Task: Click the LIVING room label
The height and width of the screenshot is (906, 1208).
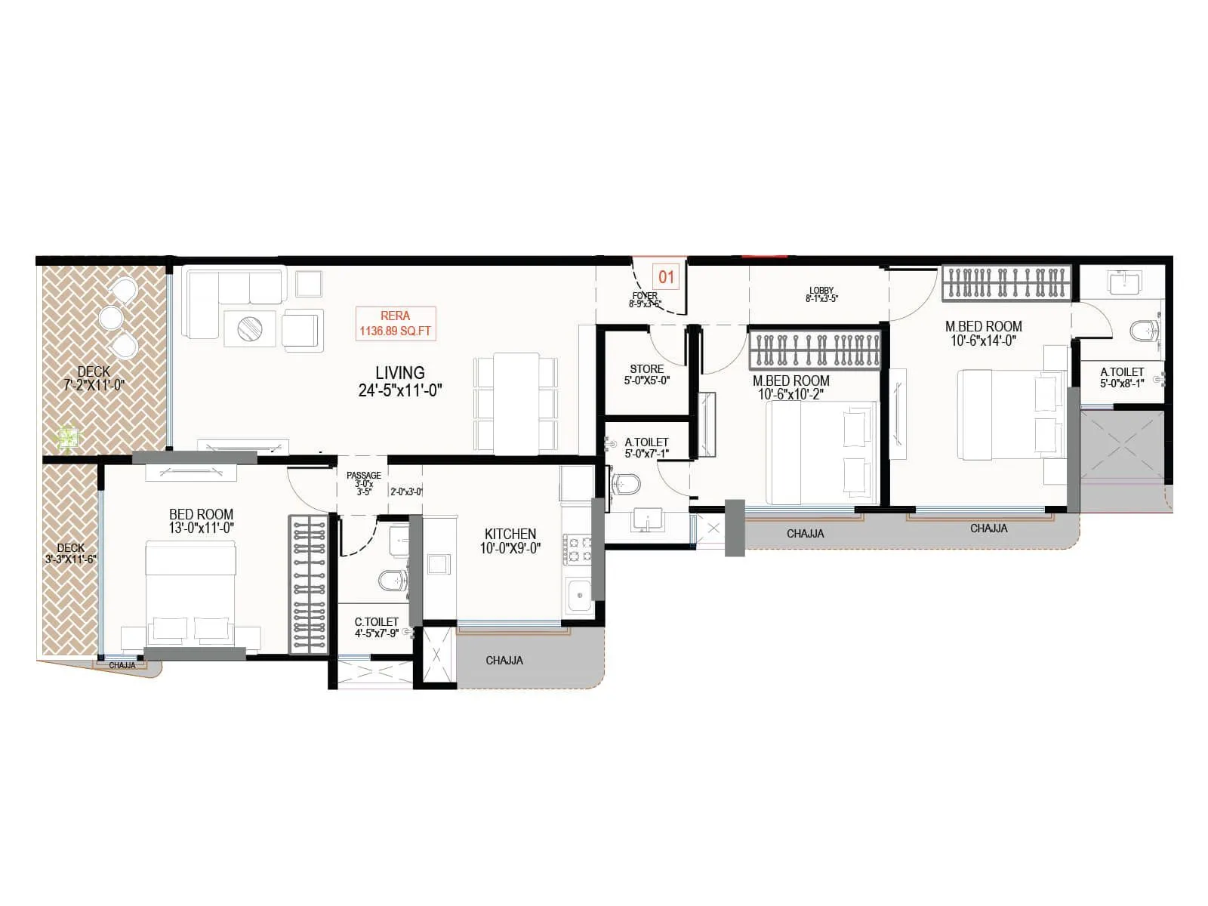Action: pos(399,373)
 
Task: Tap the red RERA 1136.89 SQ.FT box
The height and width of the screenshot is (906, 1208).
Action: pos(396,323)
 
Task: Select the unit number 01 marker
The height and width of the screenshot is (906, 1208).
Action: pos(666,276)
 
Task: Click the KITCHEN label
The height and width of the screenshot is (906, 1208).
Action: pos(510,534)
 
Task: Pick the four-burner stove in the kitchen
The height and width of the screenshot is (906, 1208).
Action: pos(578,550)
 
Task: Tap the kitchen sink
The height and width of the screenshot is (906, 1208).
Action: pos(579,596)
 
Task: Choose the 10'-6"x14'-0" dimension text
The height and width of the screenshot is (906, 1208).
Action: pos(983,341)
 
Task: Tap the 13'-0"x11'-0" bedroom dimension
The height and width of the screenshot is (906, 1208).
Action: pos(201,528)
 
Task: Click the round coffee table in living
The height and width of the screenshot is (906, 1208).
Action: pos(250,328)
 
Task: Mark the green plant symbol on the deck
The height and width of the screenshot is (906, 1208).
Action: pos(69,438)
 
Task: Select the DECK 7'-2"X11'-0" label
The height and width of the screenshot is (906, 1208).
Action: pos(94,377)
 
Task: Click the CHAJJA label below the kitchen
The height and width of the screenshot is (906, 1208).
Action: pos(504,661)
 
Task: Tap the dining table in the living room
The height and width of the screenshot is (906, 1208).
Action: pos(516,402)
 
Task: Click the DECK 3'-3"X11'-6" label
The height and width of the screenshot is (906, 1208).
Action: pos(70,553)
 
